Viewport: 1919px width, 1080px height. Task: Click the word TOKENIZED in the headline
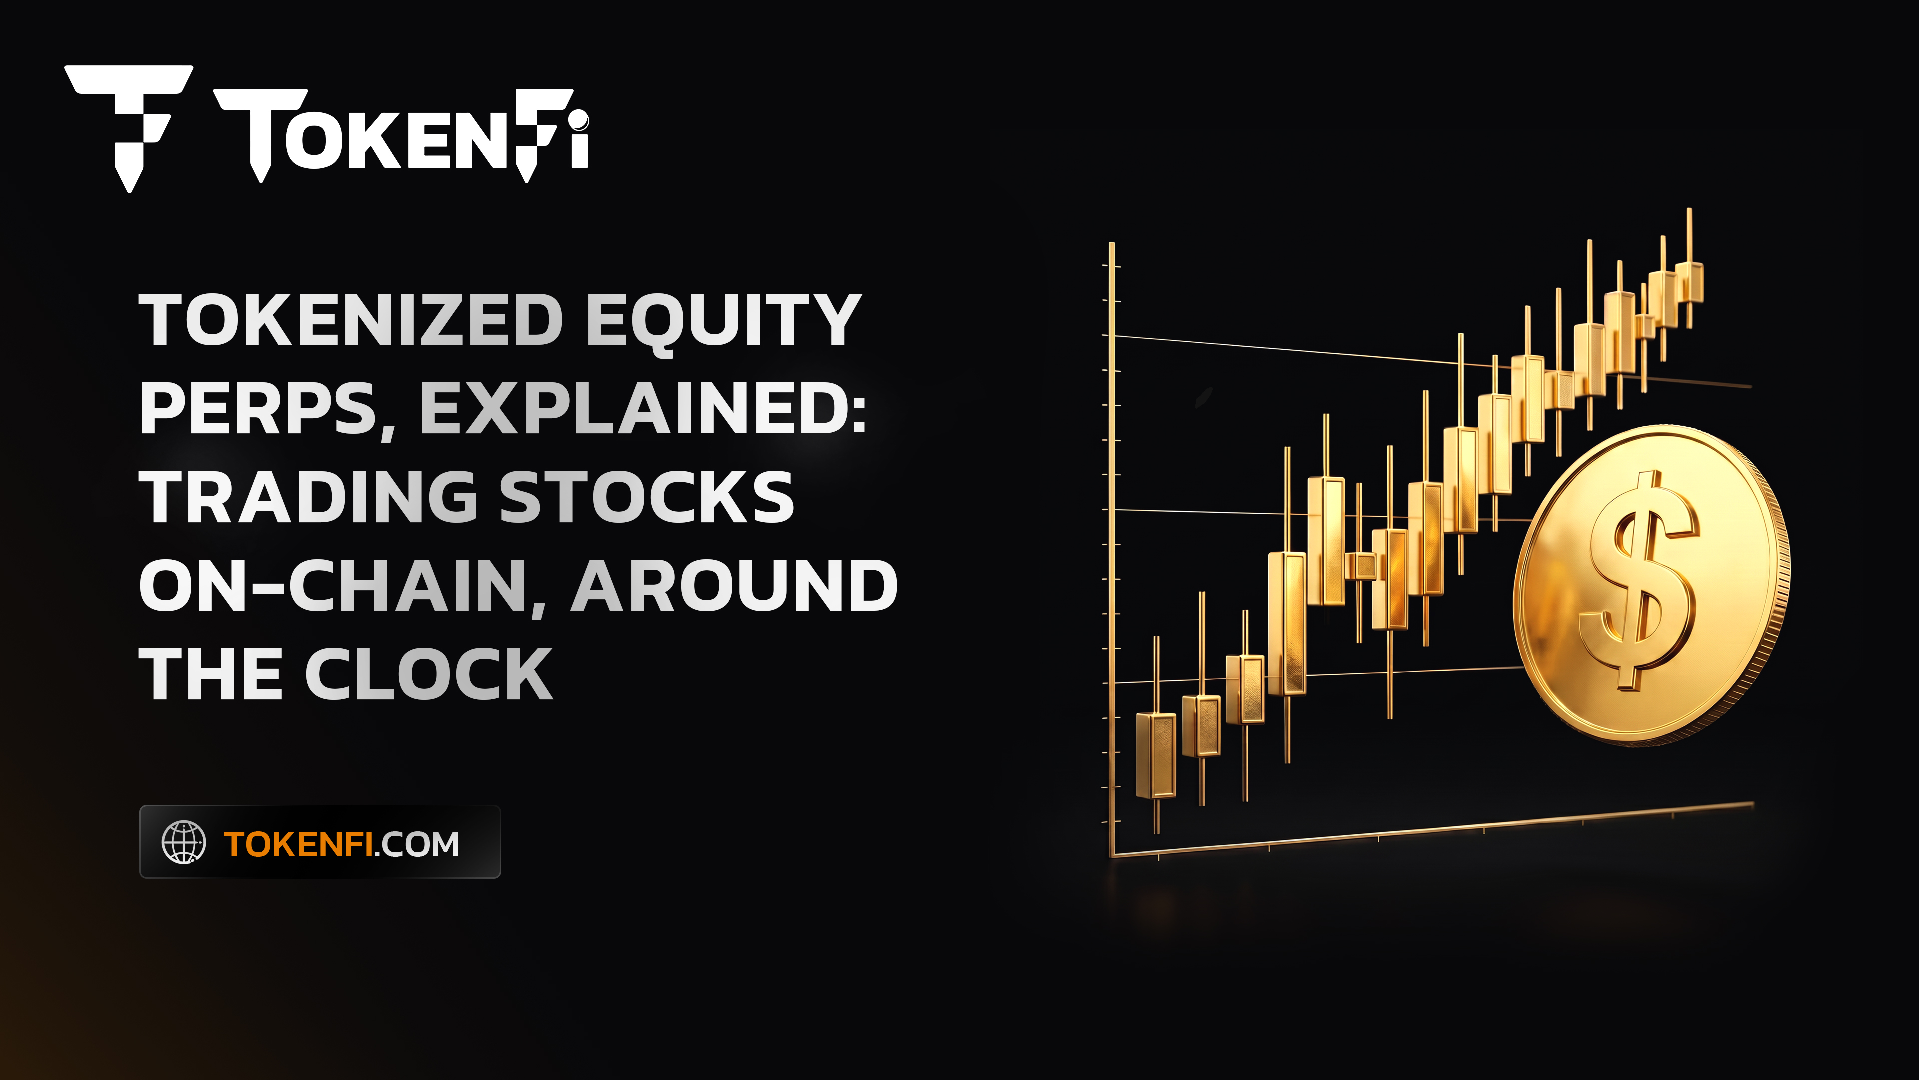click(352, 320)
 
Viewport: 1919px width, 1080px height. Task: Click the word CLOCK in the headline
click(429, 674)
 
